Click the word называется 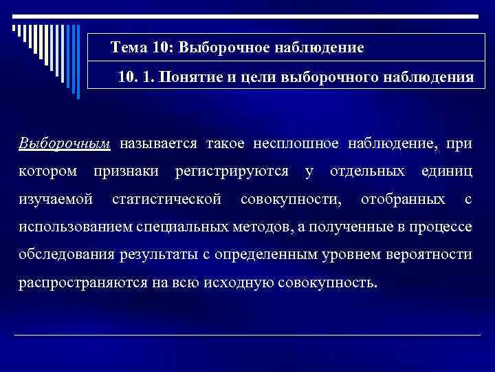[x=158, y=143]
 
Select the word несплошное [x=297, y=143]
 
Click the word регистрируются [x=232, y=172]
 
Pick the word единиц [x=448, y=172]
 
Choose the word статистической [x=166, y=200]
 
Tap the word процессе [x=441, y=227]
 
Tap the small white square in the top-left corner [x=14, y=28]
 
